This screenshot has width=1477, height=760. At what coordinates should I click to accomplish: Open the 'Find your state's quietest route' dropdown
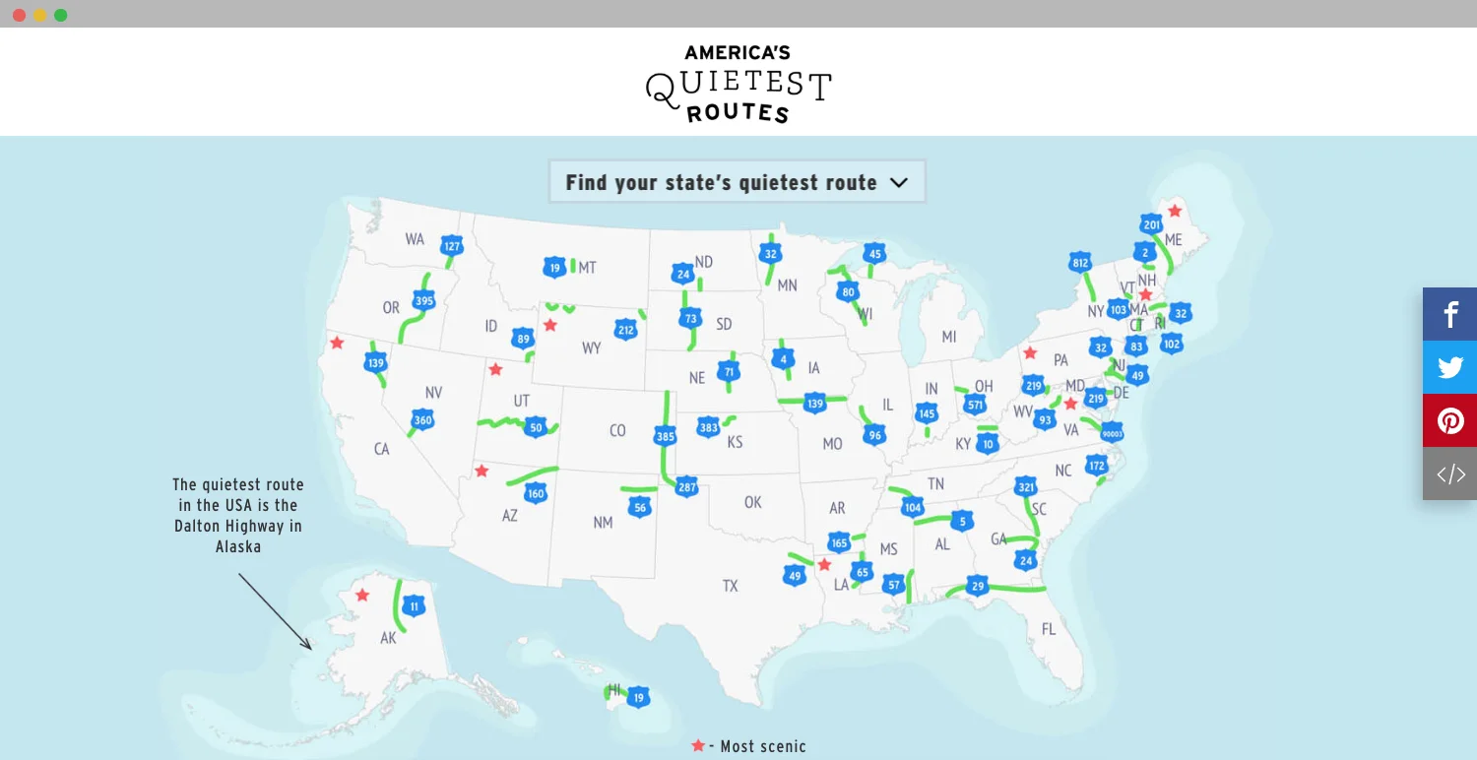coord(737,182)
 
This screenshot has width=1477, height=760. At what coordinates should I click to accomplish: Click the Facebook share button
coord(1449,315)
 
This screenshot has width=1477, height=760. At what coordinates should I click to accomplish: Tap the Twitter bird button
coord(1449,368)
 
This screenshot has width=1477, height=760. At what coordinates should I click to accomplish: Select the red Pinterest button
coord(1449,421)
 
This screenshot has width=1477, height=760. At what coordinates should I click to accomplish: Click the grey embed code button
coord(1449,475)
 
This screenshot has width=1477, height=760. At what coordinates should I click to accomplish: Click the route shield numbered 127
coord(452,246)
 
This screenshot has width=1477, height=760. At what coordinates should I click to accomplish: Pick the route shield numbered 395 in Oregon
coord(424,300)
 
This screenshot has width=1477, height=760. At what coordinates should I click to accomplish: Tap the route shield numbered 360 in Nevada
coord(422,420)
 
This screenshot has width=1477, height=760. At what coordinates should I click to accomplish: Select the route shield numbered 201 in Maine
coord(1152,224)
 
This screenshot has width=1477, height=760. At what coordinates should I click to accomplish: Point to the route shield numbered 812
coord(1080,263)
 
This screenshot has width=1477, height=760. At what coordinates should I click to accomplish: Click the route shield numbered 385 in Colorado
coord(665,436)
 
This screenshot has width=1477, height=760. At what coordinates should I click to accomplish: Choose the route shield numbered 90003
coord(1112,433)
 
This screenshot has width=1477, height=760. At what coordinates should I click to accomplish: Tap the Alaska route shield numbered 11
coord(415,605)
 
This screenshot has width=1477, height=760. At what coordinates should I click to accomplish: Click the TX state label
coord(730,586)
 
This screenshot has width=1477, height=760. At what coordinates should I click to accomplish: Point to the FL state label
coord(1048,629)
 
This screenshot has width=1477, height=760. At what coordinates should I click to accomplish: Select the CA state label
coord(381,449)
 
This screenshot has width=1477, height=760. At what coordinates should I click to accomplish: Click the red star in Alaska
coord(362,595)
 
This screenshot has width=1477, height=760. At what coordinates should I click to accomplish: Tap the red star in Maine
coord(1175,210)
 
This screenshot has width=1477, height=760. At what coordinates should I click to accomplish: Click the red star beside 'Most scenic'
coord(698,745)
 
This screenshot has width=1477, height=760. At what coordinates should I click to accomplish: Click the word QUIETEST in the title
coord(738,87)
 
